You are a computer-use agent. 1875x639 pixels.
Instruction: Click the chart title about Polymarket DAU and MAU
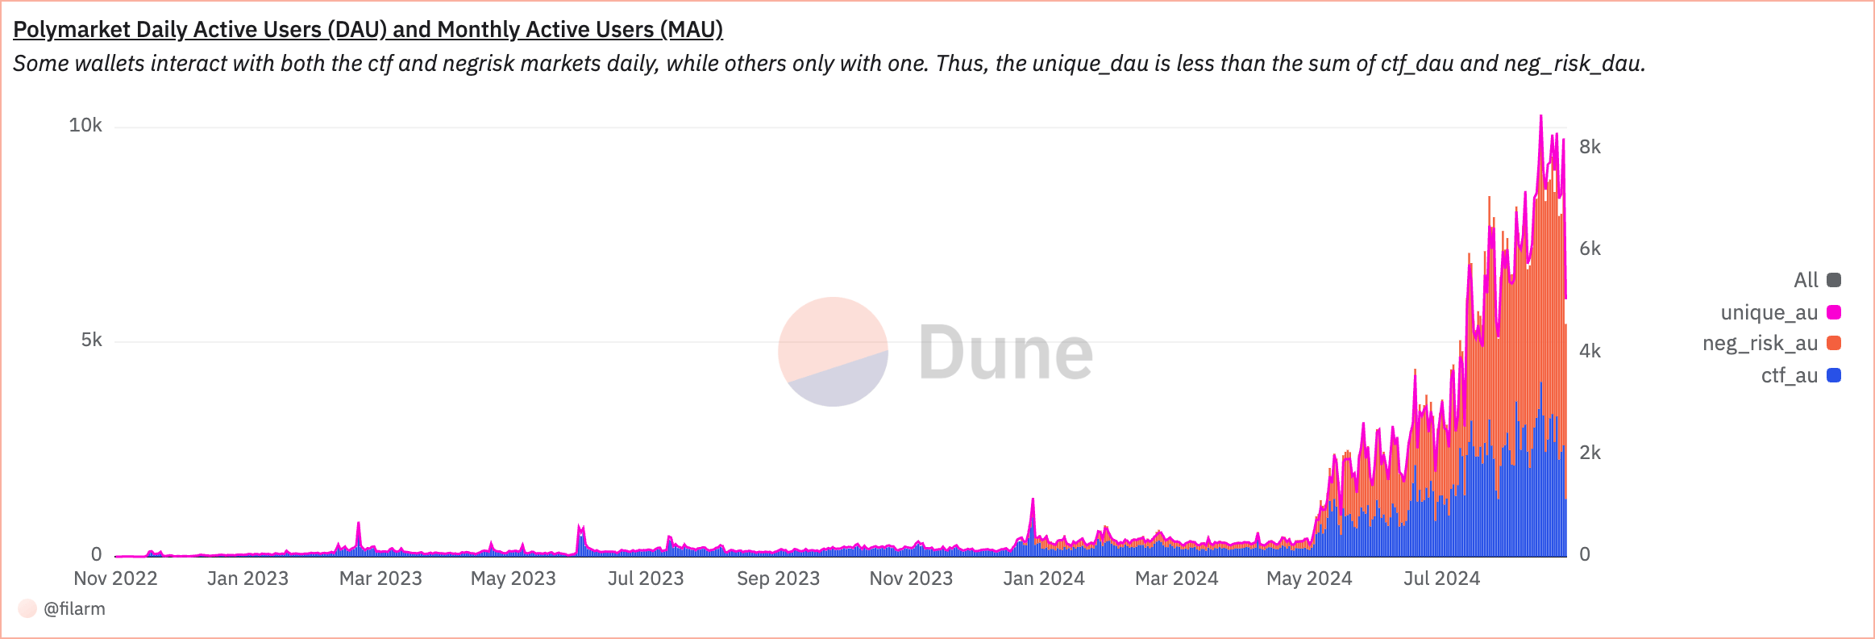tap(368, 30)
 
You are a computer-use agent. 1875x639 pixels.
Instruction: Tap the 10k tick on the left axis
tap(85, 125)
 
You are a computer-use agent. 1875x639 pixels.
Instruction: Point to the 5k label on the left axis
tap(91, 340)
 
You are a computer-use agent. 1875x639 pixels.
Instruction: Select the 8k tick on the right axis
tap(1590, 147)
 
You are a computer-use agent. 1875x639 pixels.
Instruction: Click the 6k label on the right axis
tap(1590, 248)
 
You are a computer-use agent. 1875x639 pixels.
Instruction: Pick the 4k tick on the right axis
tap(1590, 351)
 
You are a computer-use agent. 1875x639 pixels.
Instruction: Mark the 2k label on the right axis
tap(1590, 453)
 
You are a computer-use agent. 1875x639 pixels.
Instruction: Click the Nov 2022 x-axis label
tap(115, 578)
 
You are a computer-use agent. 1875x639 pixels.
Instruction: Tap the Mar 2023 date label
tap(380, 578)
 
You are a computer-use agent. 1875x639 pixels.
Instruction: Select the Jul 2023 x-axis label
tap(645, 578)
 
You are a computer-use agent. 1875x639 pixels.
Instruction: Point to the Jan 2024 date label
tap(1043, 578)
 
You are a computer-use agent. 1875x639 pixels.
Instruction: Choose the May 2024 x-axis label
tap(1308, 578)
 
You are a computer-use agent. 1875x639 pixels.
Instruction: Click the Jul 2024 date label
tap(1441, 578)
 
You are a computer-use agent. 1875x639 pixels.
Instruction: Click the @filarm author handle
tap(74, 608)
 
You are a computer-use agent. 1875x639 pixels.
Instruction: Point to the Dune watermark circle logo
tap(833, 352)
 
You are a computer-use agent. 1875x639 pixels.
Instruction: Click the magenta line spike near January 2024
tap(1033, 500)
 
